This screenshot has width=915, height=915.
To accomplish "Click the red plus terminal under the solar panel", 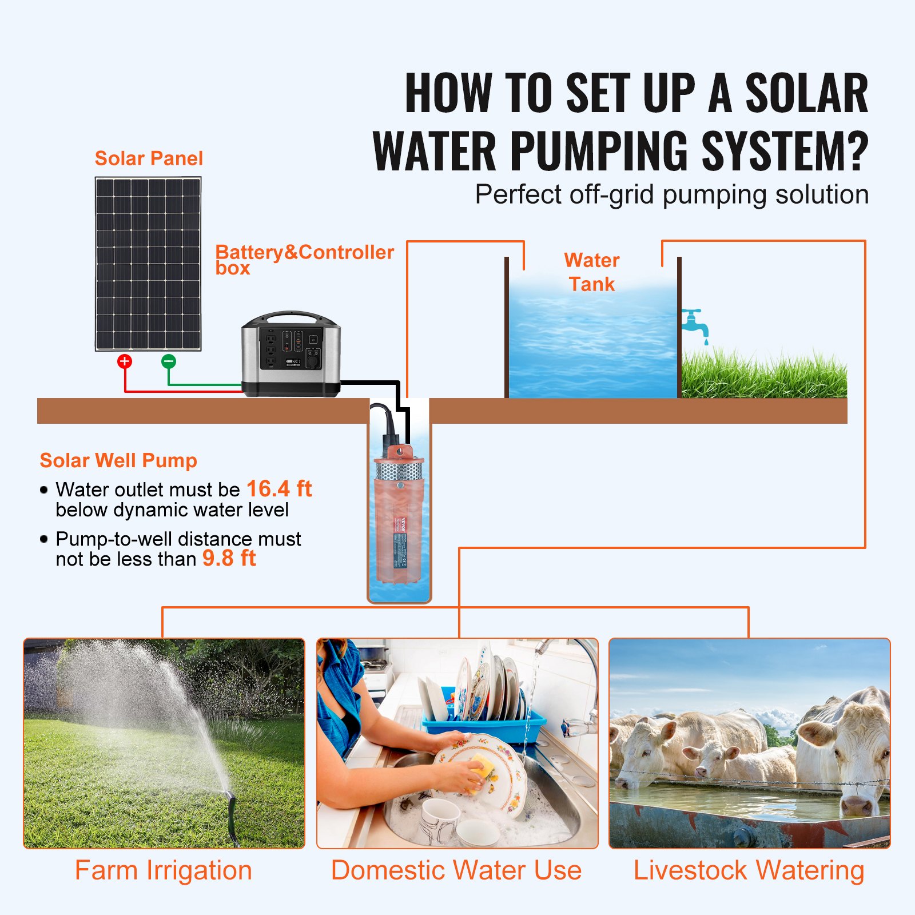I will tap(125, 361).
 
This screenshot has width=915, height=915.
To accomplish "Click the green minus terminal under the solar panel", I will tap(169, 361).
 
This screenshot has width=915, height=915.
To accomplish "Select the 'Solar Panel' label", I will tap(149, 158).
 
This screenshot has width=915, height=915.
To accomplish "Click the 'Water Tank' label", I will tap(591, 272).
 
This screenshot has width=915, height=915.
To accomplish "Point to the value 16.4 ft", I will tap(279, 489).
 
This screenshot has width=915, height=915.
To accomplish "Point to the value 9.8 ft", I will tap(229, 558).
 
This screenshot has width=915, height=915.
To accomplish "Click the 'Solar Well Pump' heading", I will tap(118, 460).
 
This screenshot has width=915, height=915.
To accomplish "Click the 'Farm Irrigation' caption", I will tap(164, 870).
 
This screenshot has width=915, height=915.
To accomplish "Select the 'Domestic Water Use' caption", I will tap(456, 870).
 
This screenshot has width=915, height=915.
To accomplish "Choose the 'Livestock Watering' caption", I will tap(749, 870).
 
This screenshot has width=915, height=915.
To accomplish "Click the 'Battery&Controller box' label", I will tap(304, 259).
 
